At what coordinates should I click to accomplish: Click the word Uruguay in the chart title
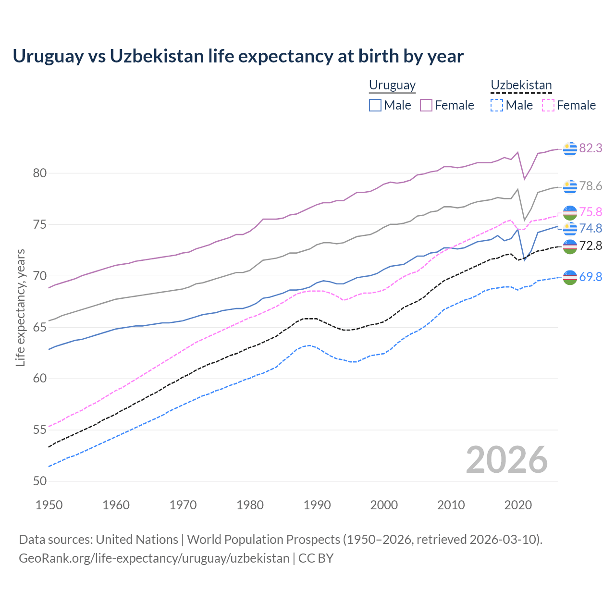(48, 56)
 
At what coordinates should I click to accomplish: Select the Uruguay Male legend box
(375, 105)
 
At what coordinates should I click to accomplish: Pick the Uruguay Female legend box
(426, 105)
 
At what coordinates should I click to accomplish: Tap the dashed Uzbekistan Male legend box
(497, 105)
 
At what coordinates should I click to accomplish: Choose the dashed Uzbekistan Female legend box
(548, 105)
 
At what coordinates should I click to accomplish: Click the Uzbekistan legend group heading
(521, 85)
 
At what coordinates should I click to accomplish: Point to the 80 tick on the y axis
(39, 173)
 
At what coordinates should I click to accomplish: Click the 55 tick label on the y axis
(39, 430)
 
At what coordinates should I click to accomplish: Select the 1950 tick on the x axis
(49, 505)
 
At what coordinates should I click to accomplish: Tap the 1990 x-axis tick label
(317, 505)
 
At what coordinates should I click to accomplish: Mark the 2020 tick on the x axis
(518, 505)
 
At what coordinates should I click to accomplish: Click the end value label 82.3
(590, 148)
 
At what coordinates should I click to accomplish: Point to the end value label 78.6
(590, 186)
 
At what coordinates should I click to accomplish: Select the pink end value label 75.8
(590, 212)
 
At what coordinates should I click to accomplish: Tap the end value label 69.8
(590, 277)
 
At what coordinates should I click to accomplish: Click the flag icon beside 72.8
(570, 246)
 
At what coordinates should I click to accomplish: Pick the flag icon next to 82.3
(570, 148)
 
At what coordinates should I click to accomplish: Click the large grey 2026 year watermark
(507, 460)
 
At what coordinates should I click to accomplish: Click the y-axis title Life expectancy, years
(20, 307)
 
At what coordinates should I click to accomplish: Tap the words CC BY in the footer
(316, 558)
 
